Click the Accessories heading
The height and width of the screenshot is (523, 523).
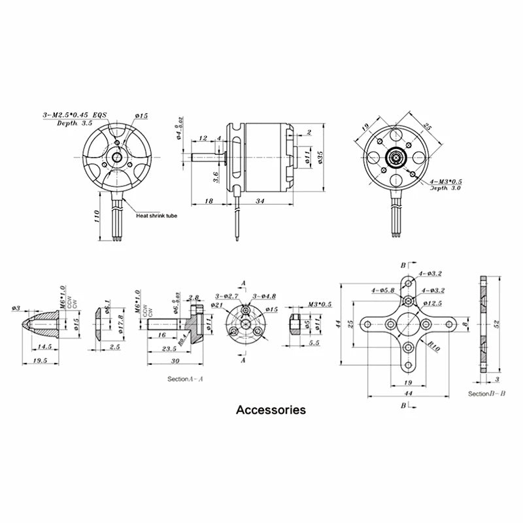coord(271,411)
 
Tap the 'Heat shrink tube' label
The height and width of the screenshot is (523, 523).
coord(157,215)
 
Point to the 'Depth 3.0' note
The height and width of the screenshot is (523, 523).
coord(445,188)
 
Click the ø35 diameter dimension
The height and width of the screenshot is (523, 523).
coord(320,157)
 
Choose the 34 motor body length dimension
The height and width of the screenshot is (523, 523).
coord(260,201)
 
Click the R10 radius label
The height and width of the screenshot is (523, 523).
coord(433,348)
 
